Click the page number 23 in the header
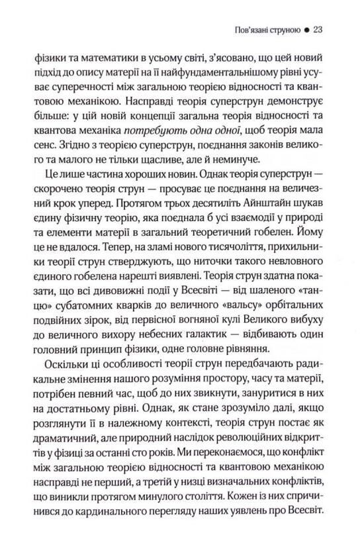pos(316,30)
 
